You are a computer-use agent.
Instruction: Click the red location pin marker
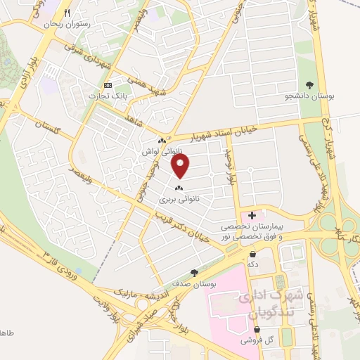click(x=181, y=165)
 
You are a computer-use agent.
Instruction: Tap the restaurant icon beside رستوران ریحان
click(x=67, y=13)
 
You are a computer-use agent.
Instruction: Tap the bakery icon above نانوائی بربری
click(x=178, y=188)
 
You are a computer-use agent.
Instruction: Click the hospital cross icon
click(x=252, y=214)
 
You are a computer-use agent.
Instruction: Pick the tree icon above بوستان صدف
click(x=194, y=273)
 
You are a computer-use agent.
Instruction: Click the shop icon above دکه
click(x=252, y=255)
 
